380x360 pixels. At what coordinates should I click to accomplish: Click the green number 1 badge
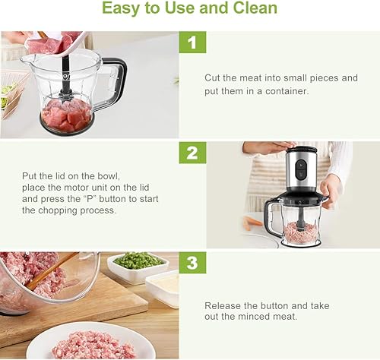[192, 42]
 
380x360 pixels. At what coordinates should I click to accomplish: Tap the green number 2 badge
[192, 153]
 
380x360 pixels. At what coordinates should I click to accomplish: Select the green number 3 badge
[192, 263]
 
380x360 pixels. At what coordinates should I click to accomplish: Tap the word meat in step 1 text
[251, 78]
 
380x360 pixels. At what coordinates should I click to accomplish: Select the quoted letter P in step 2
[90, 199]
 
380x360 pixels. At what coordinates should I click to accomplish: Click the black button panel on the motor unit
[301, 169]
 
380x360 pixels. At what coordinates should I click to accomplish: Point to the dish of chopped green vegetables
[138, 264]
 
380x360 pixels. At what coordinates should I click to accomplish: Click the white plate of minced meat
[91, 341]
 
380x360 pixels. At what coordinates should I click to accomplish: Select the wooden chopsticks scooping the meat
[52, 271]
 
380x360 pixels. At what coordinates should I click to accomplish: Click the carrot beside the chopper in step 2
[252, 223]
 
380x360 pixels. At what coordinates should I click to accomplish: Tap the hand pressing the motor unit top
[270, 147]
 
